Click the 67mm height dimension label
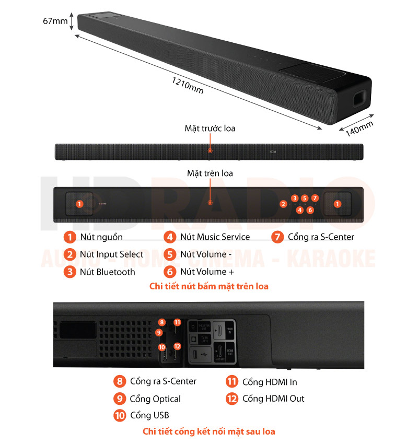click(x=55, y=21)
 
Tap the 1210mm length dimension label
click(x=188, y=86)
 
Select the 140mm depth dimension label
click(x=359, y=128)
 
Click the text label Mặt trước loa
click(x=210, y=128)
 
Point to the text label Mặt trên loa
click(x=210, y=173)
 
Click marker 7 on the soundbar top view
click(x=315, y=198)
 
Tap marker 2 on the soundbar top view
click(x=283, y=204)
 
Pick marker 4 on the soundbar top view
click(x=299, y=210)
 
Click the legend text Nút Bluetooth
click(x=107, y=272)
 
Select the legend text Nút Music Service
click(x=215, y=237)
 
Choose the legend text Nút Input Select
click(x=111, y=254)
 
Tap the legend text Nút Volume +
click(x=211, y=272)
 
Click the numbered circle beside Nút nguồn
click(x=70, y=237)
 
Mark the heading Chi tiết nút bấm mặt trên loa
click(x=209, y=286)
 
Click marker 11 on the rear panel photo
click(x=177, y=322)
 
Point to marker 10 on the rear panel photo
click(x=162, y=346)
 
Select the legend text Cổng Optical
click(x=155, y=399)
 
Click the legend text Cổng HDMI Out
click(x=273, y=399)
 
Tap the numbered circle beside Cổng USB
click(x=120, y=416)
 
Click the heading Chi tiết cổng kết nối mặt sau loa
click(x=209, y=431)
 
